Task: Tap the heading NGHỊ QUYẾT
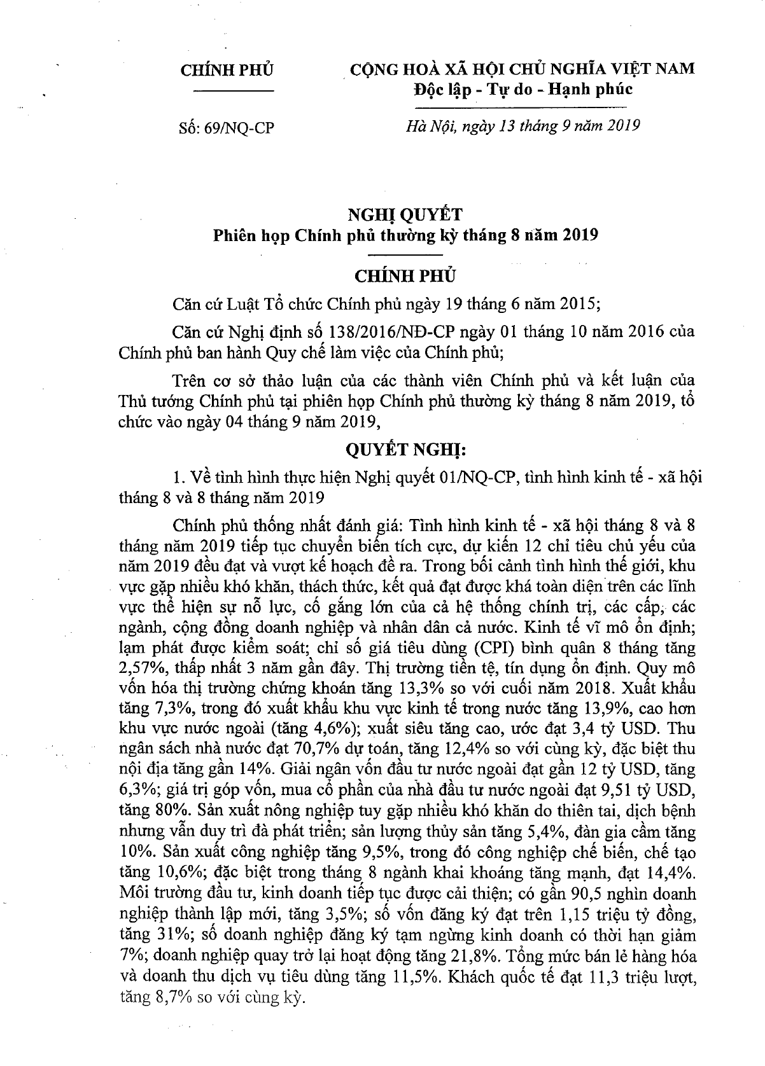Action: point(405,214)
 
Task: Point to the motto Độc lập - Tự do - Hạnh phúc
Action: point(523,89)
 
